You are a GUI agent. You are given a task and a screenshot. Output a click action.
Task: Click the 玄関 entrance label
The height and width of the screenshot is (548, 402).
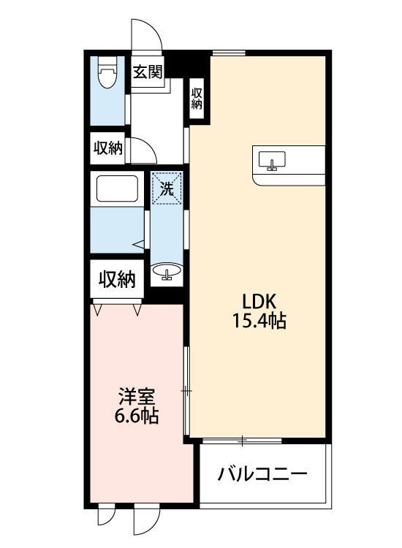[147, 72]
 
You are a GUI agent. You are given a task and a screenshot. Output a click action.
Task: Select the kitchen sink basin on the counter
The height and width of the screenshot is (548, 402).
[272, 159]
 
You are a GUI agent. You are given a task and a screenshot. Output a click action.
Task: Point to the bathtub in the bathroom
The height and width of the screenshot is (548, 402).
[118, 191]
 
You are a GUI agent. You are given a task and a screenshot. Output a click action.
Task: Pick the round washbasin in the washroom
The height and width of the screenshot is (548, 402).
[167, 273]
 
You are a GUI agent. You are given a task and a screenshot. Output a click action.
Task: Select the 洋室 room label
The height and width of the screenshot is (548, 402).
[137, 397]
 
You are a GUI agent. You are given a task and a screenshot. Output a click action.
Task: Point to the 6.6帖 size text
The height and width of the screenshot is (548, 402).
[137, 417]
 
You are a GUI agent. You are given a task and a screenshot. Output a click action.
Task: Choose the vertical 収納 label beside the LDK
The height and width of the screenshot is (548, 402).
[197, 98]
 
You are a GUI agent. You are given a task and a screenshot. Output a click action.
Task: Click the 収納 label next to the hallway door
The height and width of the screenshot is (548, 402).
[107, 148]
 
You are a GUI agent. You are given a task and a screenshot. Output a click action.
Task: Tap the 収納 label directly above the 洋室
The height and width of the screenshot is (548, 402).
[117, 279]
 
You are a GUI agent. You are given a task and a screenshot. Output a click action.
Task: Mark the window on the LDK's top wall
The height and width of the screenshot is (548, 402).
[229, 52]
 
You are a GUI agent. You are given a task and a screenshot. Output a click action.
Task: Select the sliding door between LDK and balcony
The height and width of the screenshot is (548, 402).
[241, 441]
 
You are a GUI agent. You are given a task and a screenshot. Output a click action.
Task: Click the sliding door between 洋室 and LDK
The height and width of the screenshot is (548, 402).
[186, 392]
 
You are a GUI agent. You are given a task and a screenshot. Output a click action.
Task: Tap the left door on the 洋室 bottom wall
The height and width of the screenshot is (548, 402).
[107, 516]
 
